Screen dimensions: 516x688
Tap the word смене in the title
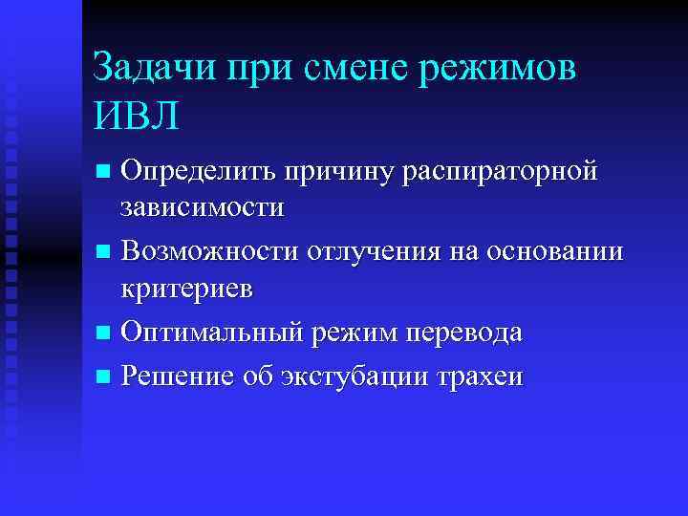[347, 70]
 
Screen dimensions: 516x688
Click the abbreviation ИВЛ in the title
[137, 118]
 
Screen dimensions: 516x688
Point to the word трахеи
[478, 376]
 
